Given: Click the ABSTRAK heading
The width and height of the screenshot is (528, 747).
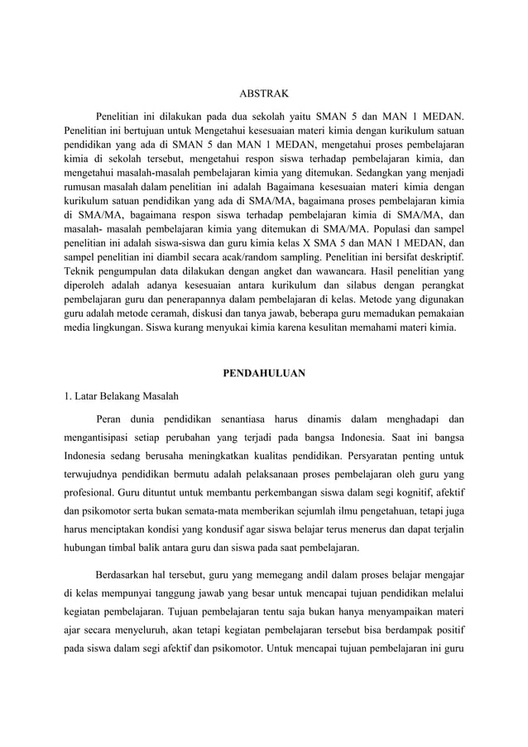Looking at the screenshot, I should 263,94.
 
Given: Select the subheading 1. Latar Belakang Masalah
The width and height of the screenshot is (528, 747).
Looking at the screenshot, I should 120,395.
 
